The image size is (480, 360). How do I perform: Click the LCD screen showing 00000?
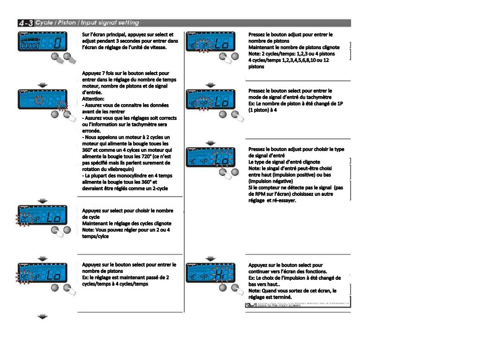(x=41, y=44)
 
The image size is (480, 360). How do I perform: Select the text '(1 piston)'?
(x=261, y=110)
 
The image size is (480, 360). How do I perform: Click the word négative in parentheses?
(x=281, y=181)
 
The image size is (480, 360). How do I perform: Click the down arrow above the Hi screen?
(x=210, y=258)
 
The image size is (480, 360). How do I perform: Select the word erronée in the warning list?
(x=92, y=131)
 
